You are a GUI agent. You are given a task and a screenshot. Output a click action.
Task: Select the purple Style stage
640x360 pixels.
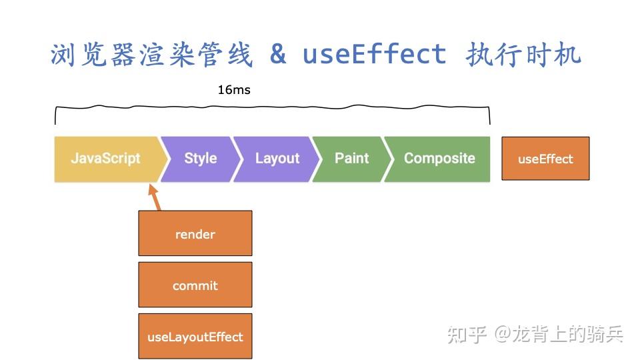click(x=200, y=159)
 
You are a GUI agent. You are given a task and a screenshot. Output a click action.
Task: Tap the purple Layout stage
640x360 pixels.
click(x=277, y=159)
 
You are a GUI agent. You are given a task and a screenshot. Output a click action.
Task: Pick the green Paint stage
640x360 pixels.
click(x=351, y=159)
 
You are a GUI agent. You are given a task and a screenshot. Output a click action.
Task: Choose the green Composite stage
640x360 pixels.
click(x=439, y=159)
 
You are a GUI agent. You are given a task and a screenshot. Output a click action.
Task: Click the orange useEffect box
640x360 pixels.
click(x=545, y=159)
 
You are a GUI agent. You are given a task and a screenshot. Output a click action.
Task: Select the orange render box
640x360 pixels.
click(x=195, y=233)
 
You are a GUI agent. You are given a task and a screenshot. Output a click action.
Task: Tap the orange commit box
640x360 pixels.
click(x=195, y=285)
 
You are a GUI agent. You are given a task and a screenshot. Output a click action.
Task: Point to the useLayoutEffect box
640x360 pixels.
click(x=195, y=337)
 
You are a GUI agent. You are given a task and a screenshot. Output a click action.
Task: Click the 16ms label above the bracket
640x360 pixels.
click(x=234, y=89)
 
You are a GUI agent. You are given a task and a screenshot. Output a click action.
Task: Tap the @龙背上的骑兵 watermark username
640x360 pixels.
click(x=559, y=334)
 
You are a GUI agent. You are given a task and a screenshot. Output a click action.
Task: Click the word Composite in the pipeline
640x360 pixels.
click(x=439, y=159)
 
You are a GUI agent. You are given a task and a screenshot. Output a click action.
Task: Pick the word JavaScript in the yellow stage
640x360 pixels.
click(x=105, y=159)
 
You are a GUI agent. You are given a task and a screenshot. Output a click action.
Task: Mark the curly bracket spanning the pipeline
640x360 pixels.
click(x=272, y=107)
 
